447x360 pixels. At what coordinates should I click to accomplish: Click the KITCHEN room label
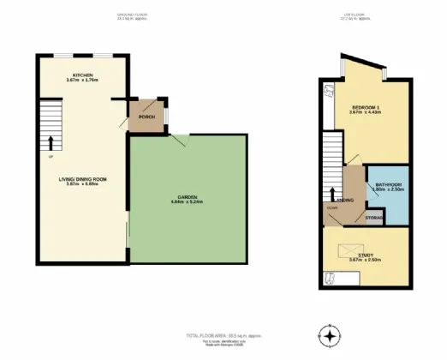point(82,75)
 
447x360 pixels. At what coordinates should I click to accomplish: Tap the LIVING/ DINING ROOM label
point(82,178)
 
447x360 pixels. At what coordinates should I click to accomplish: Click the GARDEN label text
point(189,198)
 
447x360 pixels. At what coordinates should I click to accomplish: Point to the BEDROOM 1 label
point(364,107)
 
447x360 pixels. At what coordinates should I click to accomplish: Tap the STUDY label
point(365,254)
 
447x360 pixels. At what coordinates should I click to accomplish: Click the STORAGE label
point(373,218)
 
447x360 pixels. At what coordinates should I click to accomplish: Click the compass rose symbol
point(329,334)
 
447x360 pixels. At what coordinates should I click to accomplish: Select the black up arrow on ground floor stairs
point(51,141)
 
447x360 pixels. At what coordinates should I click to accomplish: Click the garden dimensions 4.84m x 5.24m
point(189,203)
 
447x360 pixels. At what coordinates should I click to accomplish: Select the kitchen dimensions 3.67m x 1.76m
point(82,81)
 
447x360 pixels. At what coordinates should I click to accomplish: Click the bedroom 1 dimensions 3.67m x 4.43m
point(364,112)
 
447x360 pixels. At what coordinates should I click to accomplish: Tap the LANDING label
point(347,200)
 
